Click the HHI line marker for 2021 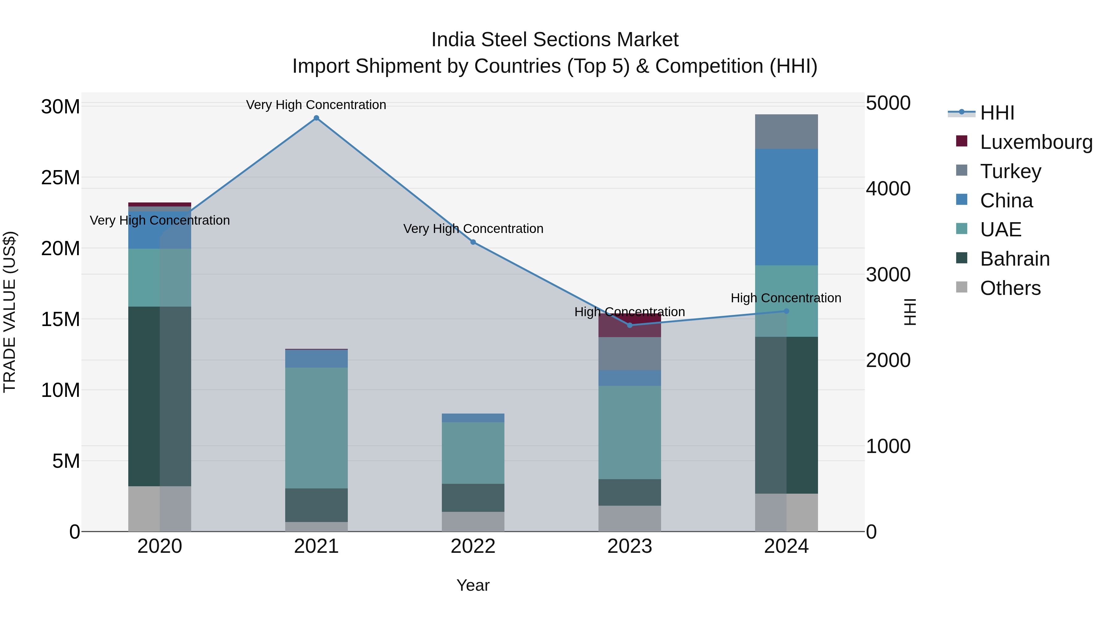316,118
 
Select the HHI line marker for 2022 473,242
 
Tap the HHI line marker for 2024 786,311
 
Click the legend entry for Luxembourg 1036,142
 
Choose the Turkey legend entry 1010,171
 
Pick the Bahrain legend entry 1014,259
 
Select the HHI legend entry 997,113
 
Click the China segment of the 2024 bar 786,207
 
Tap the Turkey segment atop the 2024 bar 786,131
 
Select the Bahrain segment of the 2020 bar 144,396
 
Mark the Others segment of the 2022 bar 473,521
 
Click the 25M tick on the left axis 60,178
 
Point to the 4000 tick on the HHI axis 888,189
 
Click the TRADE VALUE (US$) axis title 10,312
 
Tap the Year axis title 473,585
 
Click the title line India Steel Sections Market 555,40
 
